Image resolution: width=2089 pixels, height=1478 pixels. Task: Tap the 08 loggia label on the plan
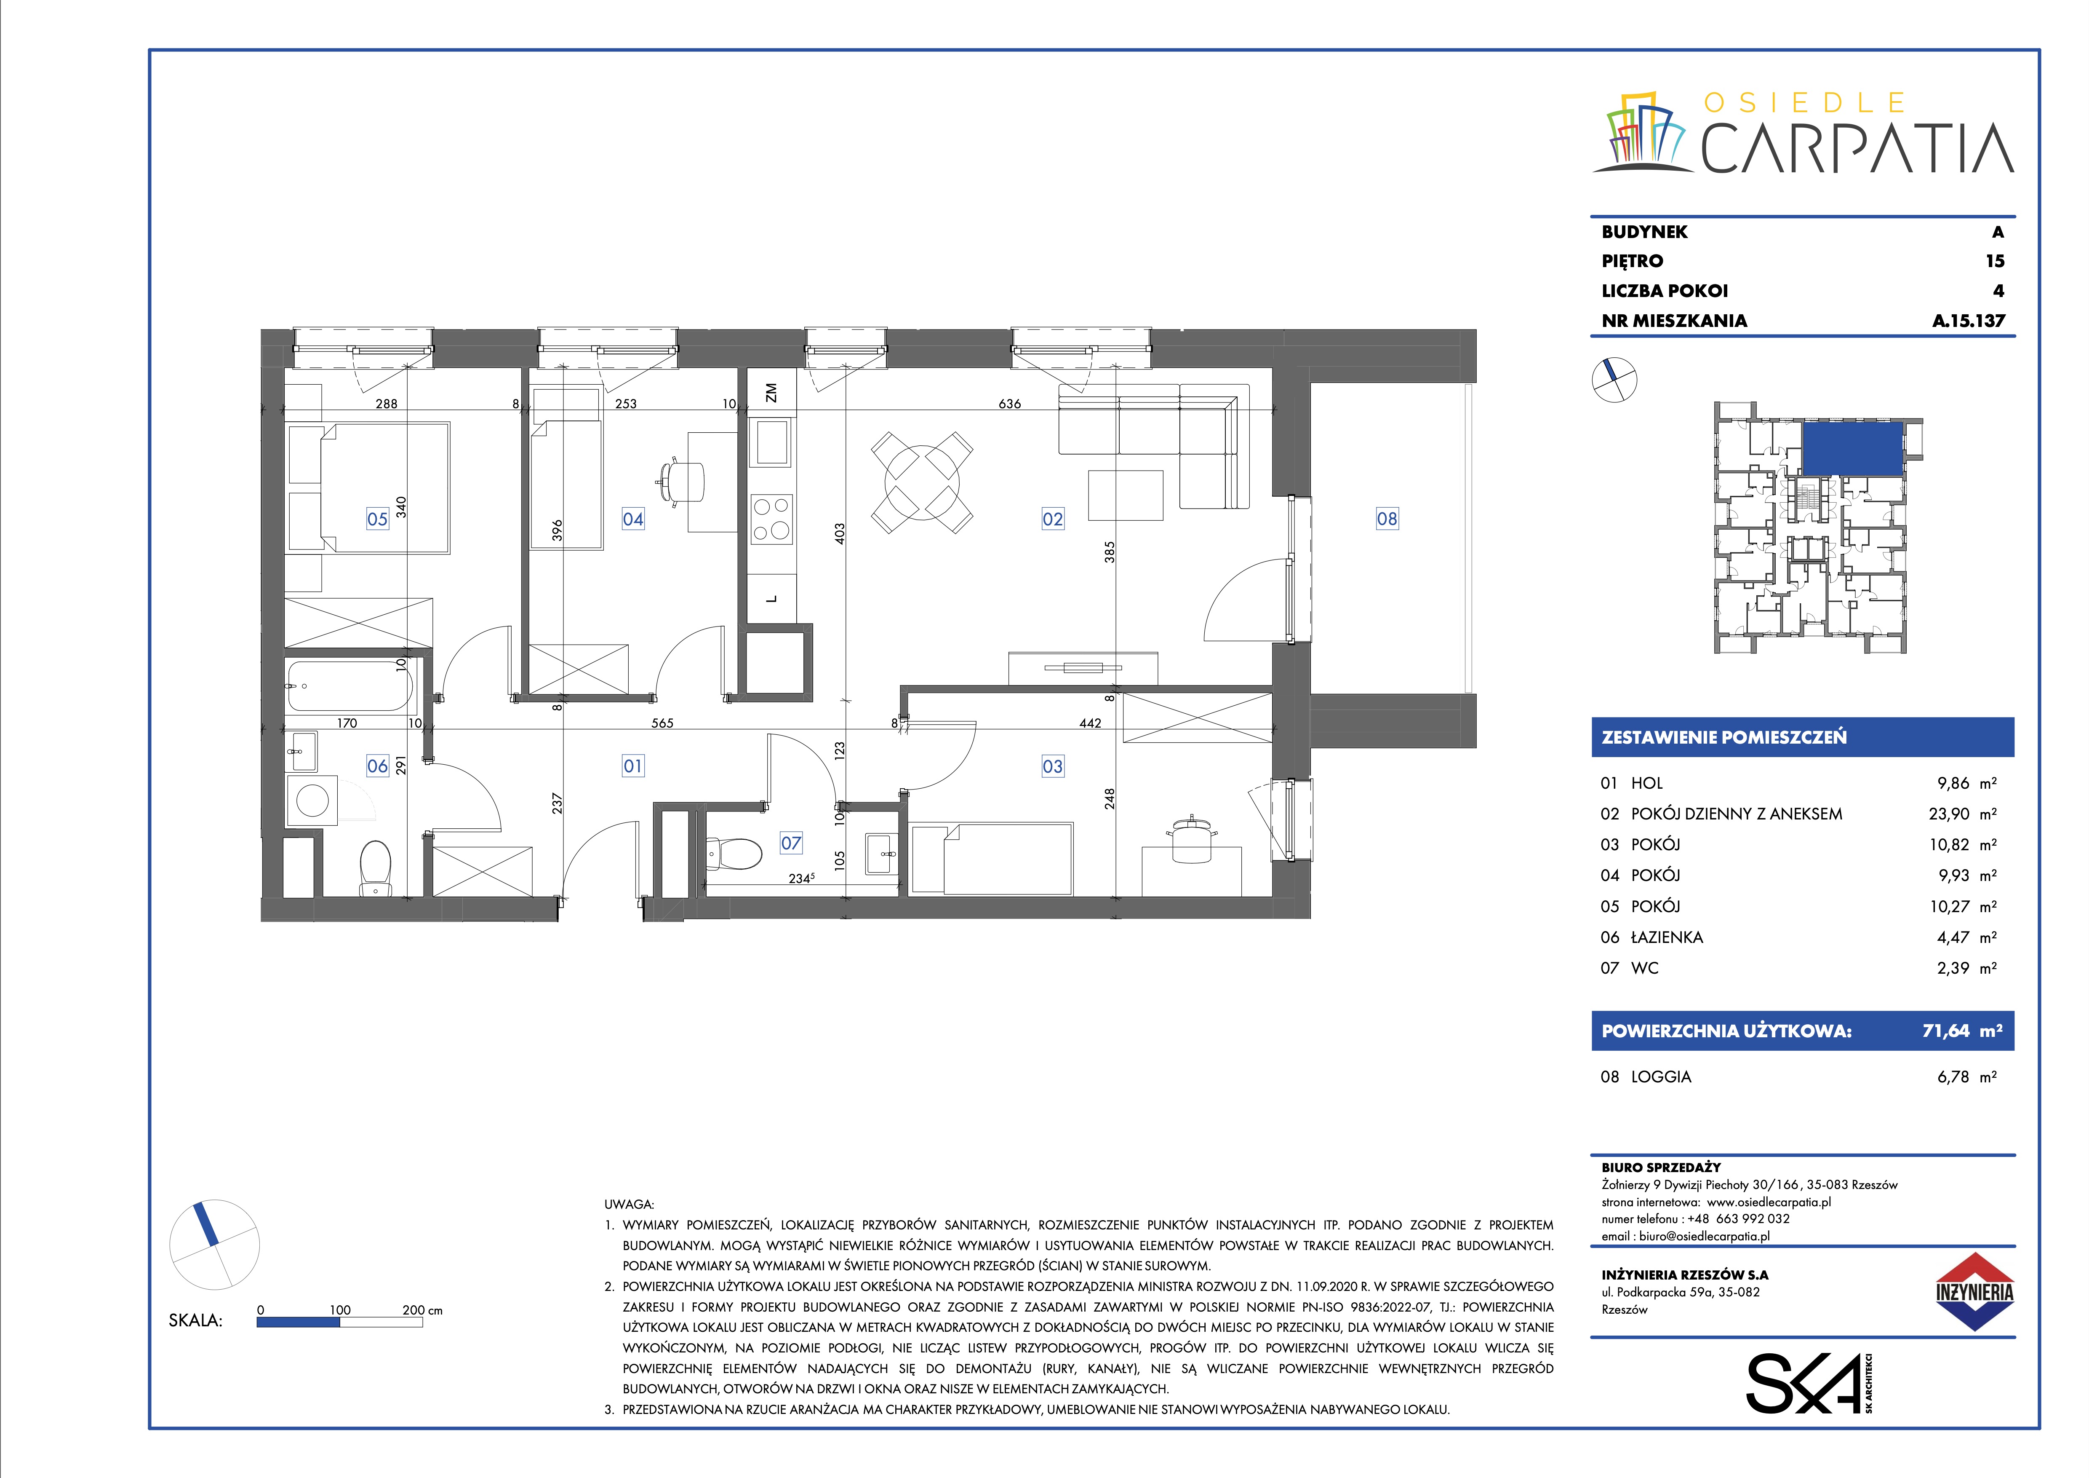(x=1387, y=519)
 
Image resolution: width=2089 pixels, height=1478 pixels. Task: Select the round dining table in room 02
(x=922, y=483)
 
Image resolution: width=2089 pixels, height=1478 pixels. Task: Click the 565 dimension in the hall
(x=662, y=723)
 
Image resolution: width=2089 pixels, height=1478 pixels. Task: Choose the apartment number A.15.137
(x=1968, y=320)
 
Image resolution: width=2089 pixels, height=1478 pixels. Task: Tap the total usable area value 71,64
(x=1945, y=1031)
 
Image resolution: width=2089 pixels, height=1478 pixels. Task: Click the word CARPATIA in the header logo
(x=1857, y=148)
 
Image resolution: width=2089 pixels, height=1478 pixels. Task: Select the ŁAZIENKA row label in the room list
(x=1667, y=937)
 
